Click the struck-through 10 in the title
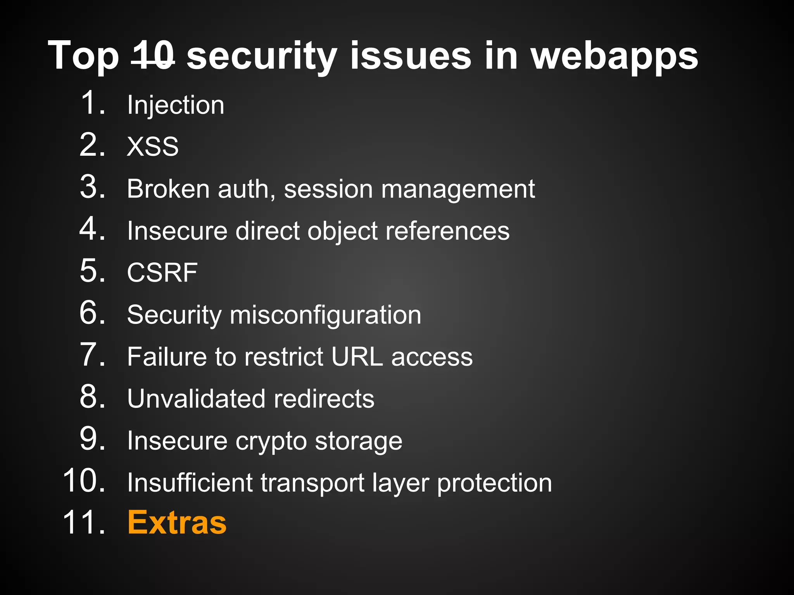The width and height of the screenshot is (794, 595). (153, 56)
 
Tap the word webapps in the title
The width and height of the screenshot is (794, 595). (614, 57)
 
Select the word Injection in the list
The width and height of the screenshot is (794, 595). (176, 105)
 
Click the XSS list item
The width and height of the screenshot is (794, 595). (153, 147)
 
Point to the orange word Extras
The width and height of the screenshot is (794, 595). (177, 523)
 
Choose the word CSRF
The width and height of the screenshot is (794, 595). (162, 273)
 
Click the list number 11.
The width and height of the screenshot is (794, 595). (83, 523)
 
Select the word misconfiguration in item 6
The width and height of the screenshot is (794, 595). (325, 315)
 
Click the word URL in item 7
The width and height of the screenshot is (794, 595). (357, 356)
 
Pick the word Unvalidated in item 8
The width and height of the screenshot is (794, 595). (196, 399)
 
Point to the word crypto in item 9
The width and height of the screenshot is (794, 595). (271, 441)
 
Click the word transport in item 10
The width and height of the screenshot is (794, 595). (312, 483)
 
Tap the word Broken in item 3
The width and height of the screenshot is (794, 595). (168, 189)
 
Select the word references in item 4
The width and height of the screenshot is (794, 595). (447, 231)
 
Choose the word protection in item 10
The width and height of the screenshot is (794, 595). (494, 483)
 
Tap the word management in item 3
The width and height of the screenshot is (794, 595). (458, 190)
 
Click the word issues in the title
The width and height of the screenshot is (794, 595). (411, 57)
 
